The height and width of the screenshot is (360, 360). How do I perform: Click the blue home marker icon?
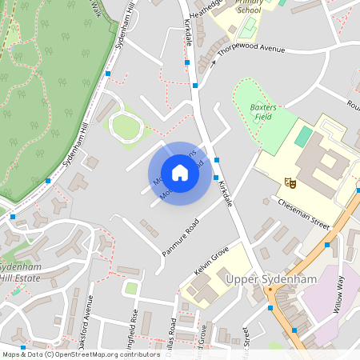(x=180, y=173)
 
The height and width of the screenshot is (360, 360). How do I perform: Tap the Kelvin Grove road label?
(x=211, y=258)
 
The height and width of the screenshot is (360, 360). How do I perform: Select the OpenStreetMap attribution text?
(x=80, y=354)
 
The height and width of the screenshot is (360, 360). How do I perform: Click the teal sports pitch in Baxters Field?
(x=303, y=136)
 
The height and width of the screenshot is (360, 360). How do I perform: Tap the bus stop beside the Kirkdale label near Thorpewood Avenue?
(x=195, y=85)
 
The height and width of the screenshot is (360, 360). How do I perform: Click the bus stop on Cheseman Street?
(x=327, y=226)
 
